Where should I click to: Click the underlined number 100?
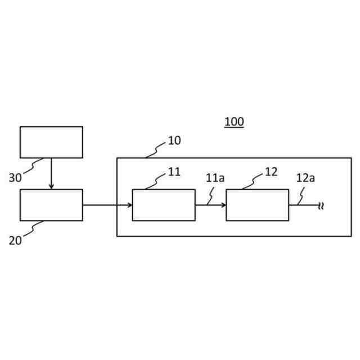[x=234, y=121]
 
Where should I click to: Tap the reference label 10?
[x=174, y=141]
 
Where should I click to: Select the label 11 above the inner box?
[x=174, y=172]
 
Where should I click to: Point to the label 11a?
[x=215, y=178]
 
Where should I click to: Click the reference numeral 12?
[x=271, y=172]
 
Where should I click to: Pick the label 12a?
[x=305, y=178]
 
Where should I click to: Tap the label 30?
[x=16, y=178]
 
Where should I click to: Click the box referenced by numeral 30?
[x=51, y=142]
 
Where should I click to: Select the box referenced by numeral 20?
[x=51, y=205]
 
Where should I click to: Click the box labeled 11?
[x=164, y=205]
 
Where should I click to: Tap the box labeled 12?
[x=257, y=205]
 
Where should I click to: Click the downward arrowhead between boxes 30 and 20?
[x=51, y=186]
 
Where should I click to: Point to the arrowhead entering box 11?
[x=130, y=205]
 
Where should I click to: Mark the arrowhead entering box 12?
[x=223, y=205]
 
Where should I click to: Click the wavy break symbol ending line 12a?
[x=321, y=205]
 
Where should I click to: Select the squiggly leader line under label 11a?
[x=210, y=195]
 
